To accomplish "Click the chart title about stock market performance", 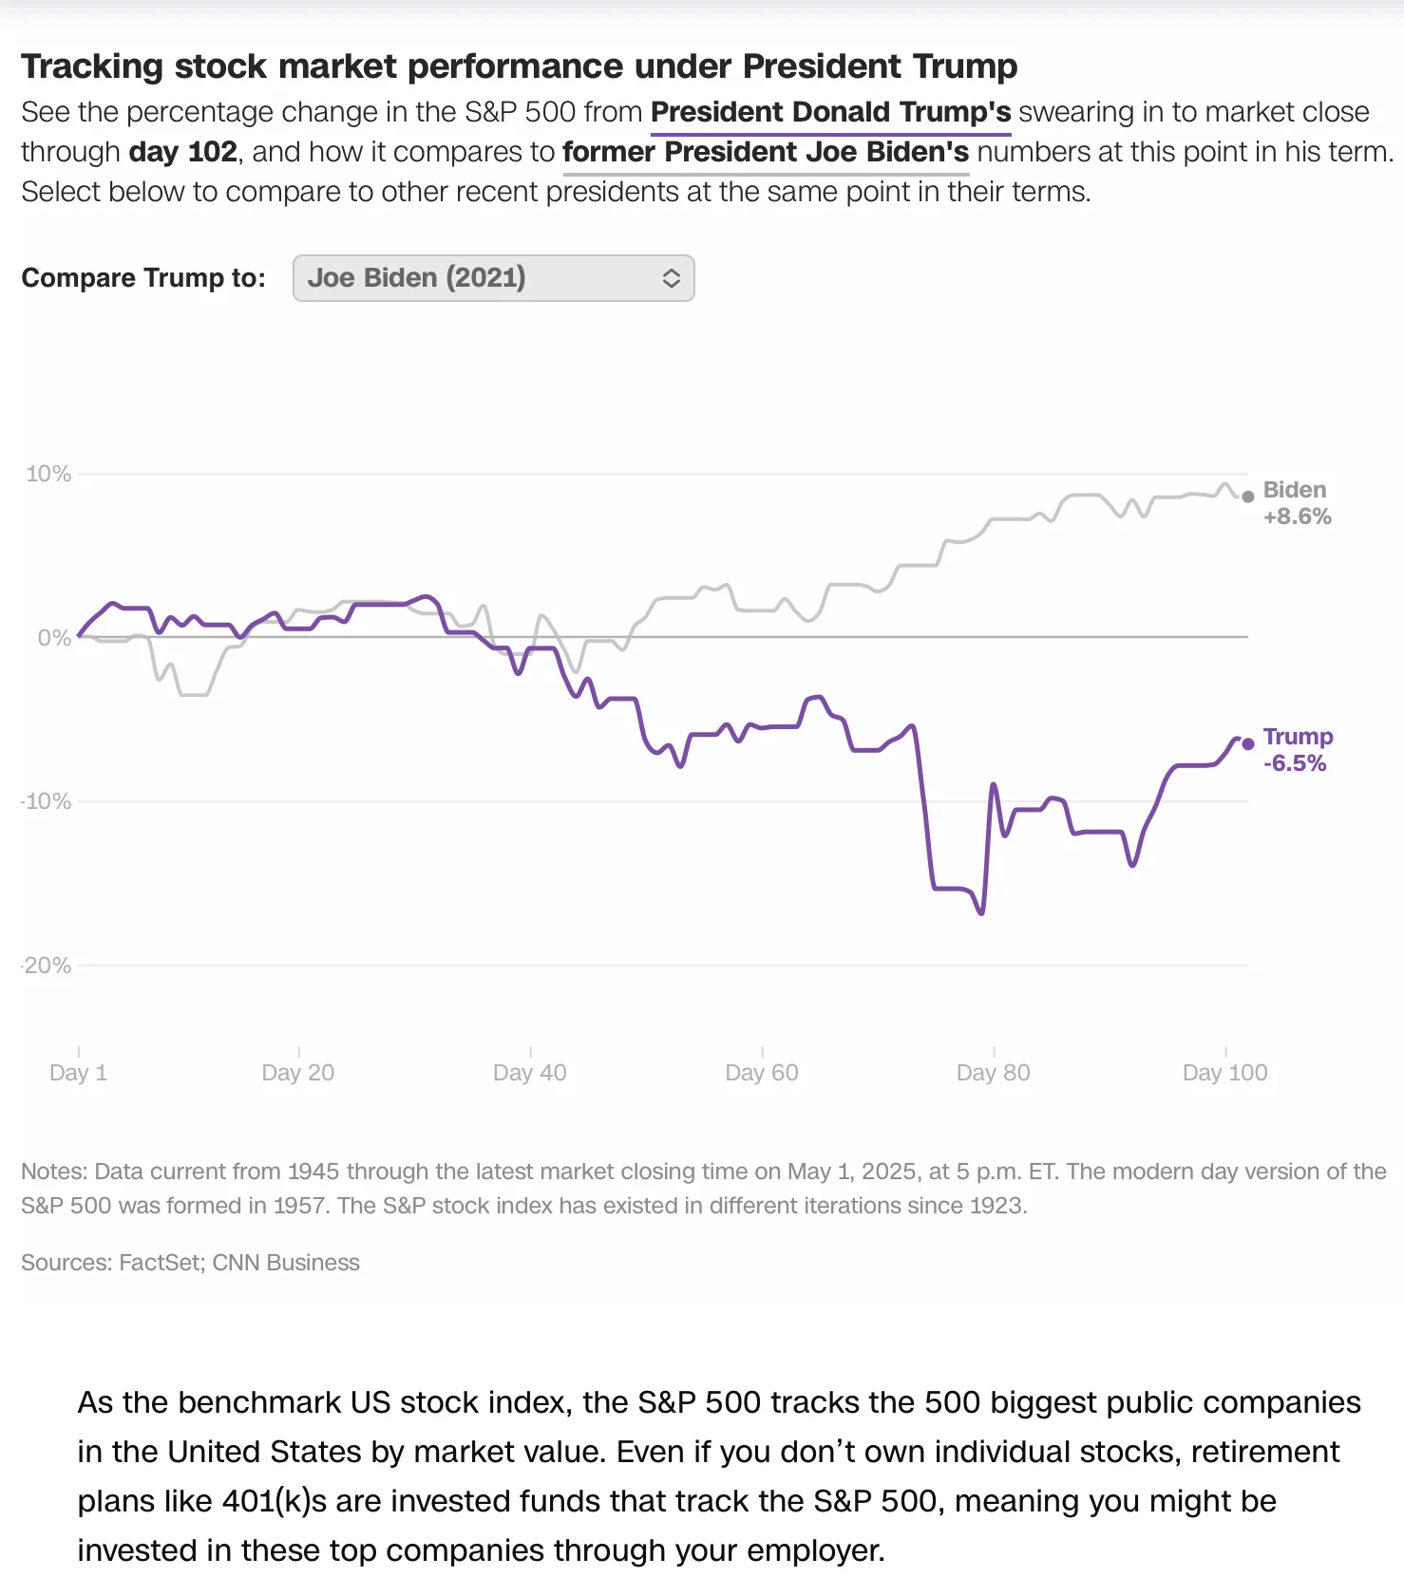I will click(x=519, y=66).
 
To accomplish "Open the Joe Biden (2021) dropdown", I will click(x=493, y=278).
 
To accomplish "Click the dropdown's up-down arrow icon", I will click(x=671, y=278).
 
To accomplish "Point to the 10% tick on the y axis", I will click(x=48, y=474).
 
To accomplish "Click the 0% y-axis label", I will click(x=54, y=638).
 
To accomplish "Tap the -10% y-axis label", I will click(x=47, y=801).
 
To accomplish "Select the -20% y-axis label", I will click(x=47, y=966).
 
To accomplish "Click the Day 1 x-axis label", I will click(x=78, y=1073).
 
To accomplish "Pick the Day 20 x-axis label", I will click(x=298, y=1073).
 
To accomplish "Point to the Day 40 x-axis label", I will click(x=529, y=1073).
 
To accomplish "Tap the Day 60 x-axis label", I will click(x=761, y=1073).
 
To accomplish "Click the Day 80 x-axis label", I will click(x=993, y=1073).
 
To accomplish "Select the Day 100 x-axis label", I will click(x=1224, y=1073).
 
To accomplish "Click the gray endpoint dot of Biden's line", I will click(x=1248, y=497).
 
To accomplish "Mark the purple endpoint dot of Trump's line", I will click(x=1248, y=743).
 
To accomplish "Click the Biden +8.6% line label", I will click(x=1297, y=503).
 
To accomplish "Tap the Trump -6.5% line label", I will click(x=1298, y=750).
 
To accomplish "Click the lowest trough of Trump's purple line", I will click(x=981, y=912).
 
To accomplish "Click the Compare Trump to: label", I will click(x=143, y=278).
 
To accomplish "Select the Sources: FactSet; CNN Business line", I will click(x=190, y=1263).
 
